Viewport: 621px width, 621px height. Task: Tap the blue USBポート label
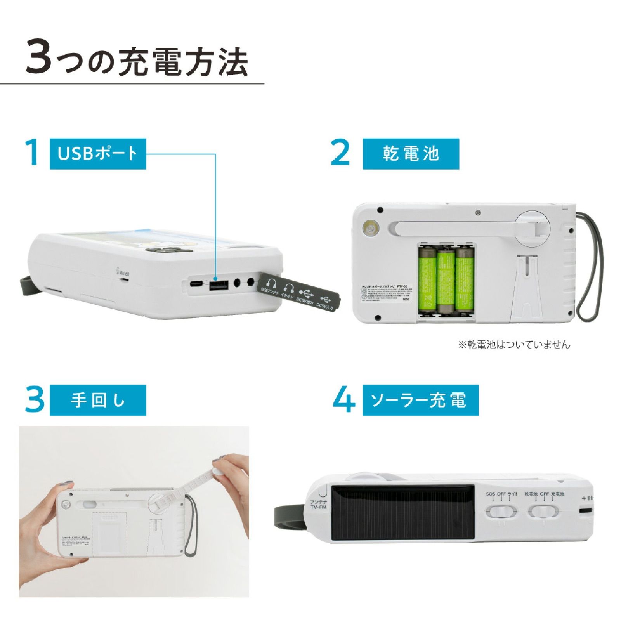click(x=97, y=153)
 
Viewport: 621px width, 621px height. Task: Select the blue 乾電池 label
click(x=410, y=153)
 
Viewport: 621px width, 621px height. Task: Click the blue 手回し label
click(x=97, y=400)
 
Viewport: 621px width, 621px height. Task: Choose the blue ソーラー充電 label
click(x=420, y=400)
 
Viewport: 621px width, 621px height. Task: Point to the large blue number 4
click(x=344, y=400)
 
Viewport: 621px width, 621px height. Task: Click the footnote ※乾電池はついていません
click(x=514, y=344)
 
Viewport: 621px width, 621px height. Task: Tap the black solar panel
click(x=402, y=512)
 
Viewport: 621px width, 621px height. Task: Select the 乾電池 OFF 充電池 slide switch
click(x=543, y=512)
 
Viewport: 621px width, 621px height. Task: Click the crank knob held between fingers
click(x=219, y=472)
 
